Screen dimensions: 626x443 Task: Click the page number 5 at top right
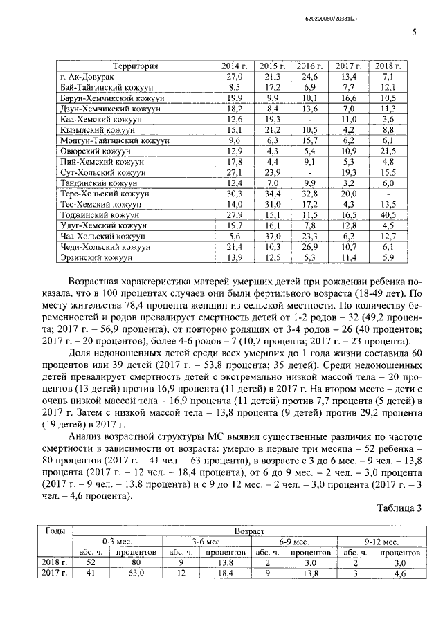tap(414, 32)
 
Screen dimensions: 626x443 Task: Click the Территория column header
tap(136, 66)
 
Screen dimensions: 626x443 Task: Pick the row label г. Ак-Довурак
tap(87, 77)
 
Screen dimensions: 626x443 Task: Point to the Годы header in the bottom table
tap(55, 531)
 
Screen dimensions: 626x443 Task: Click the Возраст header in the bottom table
tap(249, 531)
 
